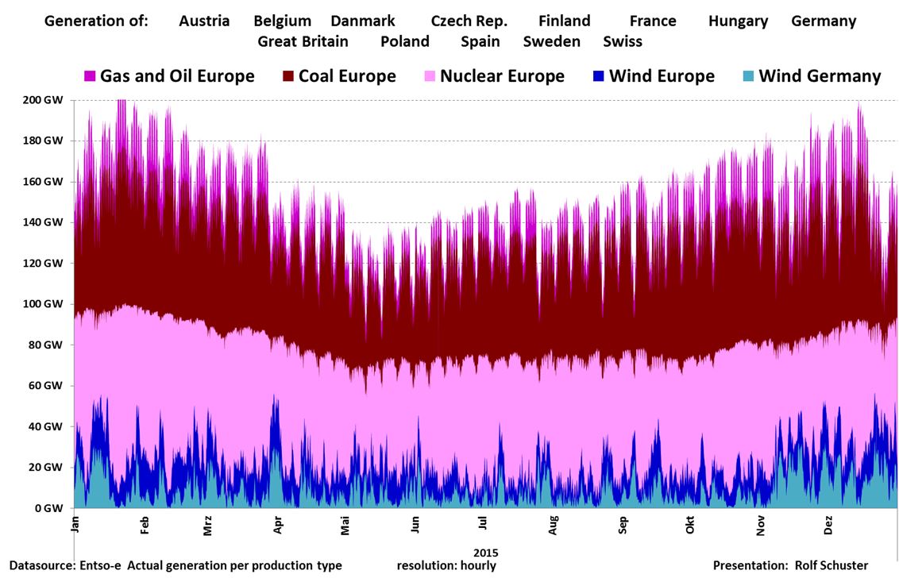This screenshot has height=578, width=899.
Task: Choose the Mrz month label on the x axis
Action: (x=208, y=526)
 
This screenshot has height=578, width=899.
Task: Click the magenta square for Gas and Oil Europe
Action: (x=90, y=77)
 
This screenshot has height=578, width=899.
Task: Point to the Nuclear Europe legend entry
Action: (x=502, y=76)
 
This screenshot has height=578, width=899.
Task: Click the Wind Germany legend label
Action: (x=820, y=76)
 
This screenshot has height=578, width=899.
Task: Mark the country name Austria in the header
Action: (x=204, y=21)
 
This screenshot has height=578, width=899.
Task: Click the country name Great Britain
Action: (x=303, y=41)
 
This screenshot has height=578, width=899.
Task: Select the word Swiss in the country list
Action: (x=623, y=41)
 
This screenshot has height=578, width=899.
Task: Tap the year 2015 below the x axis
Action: (x=485, y=552)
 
